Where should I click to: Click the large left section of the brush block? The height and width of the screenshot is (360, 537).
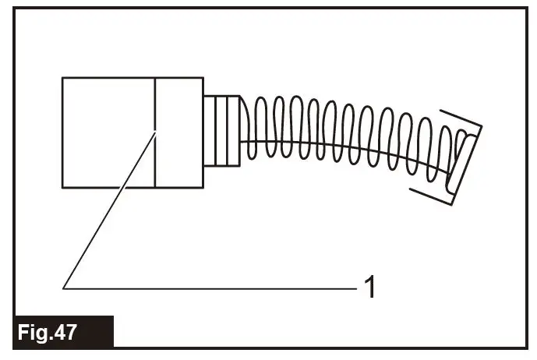coord(108,132)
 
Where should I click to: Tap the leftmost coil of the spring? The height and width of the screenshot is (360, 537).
coord(249,129)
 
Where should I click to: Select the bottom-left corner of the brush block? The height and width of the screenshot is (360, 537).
coord(62,187)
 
